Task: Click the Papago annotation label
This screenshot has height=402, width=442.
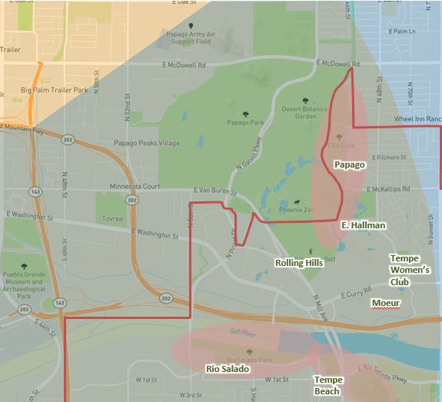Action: click(x=348, y=164)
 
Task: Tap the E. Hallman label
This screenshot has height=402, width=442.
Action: click(x=363, y=225)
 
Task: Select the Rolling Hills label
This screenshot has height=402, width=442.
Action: click(x=299, y=263)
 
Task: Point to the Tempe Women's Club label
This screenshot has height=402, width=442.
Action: click(x=410, y=270)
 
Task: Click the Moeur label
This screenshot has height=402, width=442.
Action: click(x=385, y=304)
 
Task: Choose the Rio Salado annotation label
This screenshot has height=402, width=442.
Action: click(x=228, y=369)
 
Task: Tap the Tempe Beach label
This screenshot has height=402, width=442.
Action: click(x=327, y=386)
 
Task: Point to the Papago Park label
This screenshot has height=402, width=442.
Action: click(x=246, y=121)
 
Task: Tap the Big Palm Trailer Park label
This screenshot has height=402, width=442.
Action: click(x=56, y=91)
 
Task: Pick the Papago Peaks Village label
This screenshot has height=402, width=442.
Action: click(x=147, y=143)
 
